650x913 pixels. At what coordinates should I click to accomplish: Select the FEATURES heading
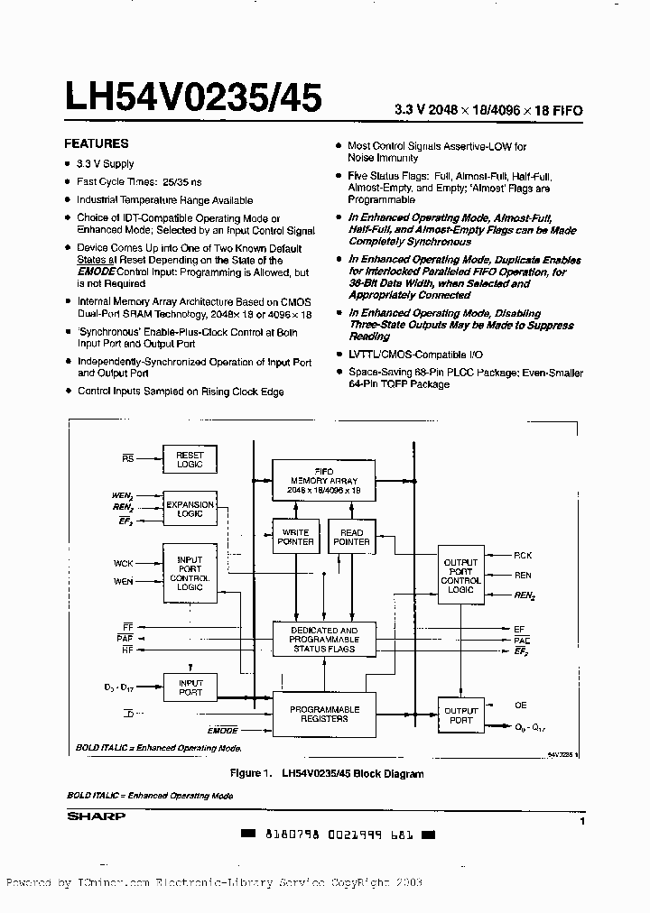tap(96, 143)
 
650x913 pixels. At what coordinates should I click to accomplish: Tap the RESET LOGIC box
tap(190, 458)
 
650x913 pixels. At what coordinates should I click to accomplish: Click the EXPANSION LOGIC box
tap(190, 508)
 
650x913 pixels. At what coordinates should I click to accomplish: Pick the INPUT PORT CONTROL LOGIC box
tap(190, 574)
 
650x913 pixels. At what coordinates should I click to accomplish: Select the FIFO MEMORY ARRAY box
tap(323, 481)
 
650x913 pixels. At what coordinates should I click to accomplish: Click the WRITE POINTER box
tap(295, 537)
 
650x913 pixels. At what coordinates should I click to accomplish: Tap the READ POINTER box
tap(351, 537)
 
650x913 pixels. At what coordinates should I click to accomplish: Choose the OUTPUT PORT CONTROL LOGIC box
tap(460, 576)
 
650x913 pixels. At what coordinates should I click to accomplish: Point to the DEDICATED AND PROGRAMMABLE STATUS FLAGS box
tap(323, 640)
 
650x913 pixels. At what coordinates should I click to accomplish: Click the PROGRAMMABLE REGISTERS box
tap(324, 714)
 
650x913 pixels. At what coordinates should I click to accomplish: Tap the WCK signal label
tap(124, 563)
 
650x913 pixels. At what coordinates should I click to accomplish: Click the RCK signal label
tap(523, 556)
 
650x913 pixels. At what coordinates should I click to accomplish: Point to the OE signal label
tap(521, 705)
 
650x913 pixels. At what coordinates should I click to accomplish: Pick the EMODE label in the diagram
tap(223, 730)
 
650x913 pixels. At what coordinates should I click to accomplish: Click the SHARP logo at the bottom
tap(97, 816)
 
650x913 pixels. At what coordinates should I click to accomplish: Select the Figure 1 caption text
tap(326, 773)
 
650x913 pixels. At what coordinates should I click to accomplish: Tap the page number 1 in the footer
tap(582, 821)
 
